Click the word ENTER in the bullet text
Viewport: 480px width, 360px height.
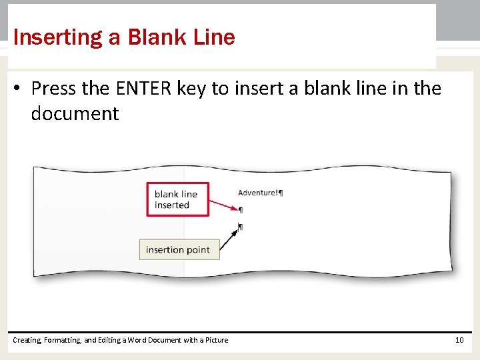(x=145, y=88)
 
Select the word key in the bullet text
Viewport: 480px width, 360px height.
(x=192, y=89)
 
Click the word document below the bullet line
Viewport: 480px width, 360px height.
(x=75, y=113)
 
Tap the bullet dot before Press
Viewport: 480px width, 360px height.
(x=20, y=89)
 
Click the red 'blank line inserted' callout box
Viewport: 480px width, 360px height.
(x=177, y=199)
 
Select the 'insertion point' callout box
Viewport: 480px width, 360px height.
(x=177, y=250)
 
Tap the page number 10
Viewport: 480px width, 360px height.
(x=459, y=340)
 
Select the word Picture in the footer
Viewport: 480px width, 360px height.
(x=216, y=340)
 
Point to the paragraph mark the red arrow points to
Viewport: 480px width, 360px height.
(x=241, y=210)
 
